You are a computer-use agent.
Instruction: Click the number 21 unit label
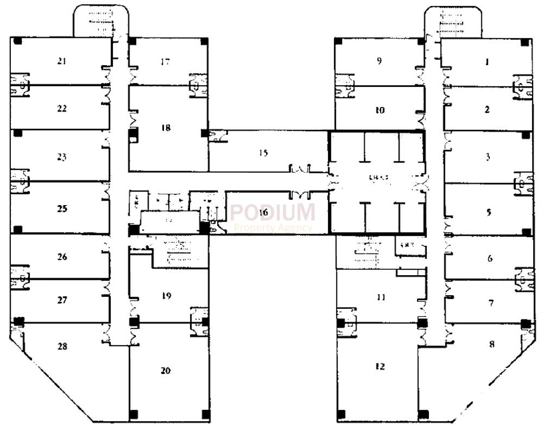[x=62, y=61]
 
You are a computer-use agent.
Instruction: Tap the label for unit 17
[x=166, y=62]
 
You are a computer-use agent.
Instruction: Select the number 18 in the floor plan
[x=166, y=128]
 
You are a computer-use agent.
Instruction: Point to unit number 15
[x=263, y=153]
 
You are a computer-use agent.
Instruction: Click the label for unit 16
[x=263, y=212]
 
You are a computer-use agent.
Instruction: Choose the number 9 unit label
[x=380, y=61]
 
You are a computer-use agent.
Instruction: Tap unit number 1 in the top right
[x=487, y=62]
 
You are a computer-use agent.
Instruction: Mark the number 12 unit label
[x=380, y=366]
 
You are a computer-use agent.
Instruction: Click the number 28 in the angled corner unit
[x=62, y=346]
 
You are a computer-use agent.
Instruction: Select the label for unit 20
[x=166, y=371]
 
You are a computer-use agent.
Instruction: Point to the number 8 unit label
[x=492, y=344]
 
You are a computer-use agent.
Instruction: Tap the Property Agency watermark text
[x=273, y=228]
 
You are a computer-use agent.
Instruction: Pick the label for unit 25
[x=62, y=208]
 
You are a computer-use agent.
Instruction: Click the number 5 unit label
[x=489, y=212]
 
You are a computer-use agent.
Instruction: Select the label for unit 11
[x=381, y=297]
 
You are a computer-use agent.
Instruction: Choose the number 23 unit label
[x=62, y=157]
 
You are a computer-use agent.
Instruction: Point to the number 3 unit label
[x=488, y=157]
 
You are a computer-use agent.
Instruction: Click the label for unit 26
[x=62, y=256]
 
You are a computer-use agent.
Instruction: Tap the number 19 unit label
[x=166, y=296]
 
